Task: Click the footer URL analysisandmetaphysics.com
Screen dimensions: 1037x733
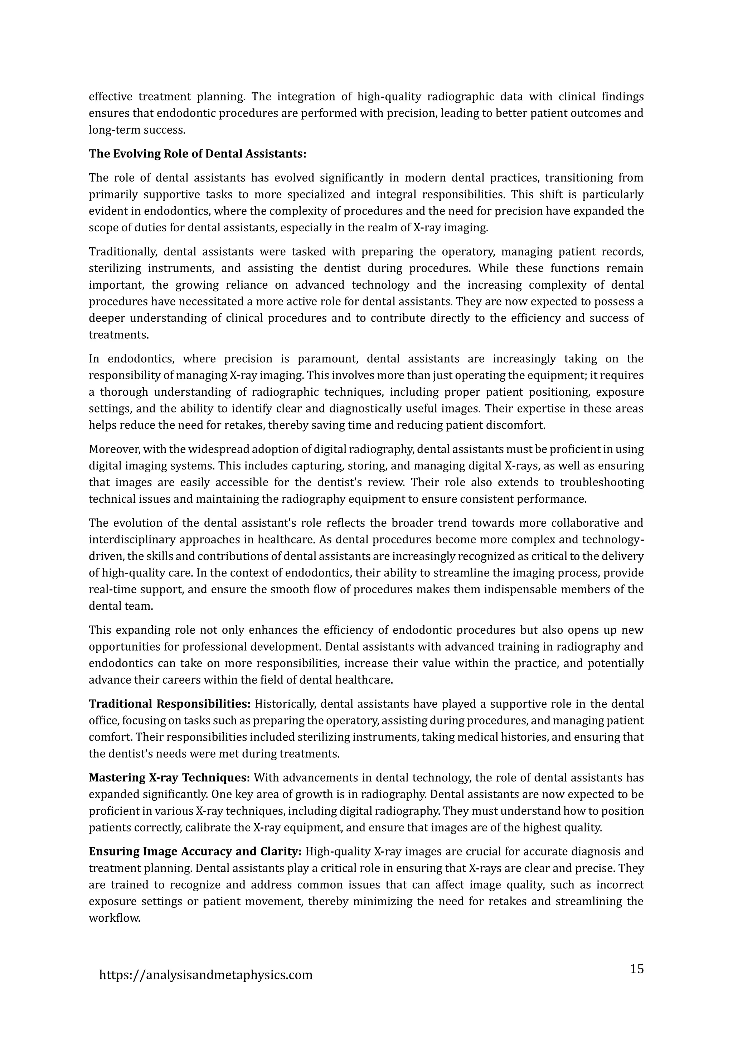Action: point(205,975)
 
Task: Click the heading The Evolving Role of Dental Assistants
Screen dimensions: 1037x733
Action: point(197,154)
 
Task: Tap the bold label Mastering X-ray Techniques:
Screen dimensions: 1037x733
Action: point(169,778)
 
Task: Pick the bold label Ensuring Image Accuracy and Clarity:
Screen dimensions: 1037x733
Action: point(195,852)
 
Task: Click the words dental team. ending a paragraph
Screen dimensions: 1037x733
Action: point(121,606)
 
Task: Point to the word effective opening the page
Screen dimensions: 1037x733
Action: point(110,97)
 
